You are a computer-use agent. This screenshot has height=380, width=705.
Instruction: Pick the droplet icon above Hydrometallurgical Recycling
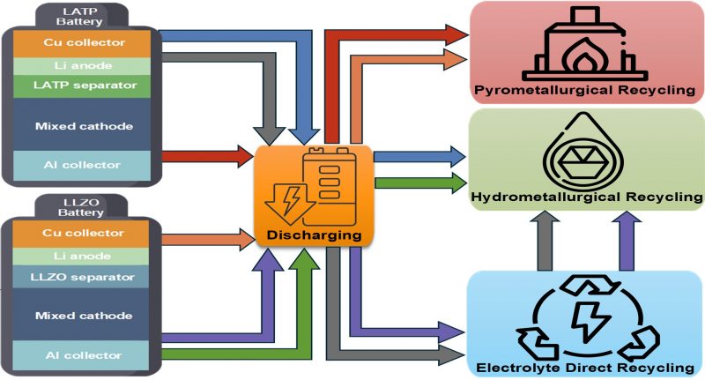click(x=588, y=153)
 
